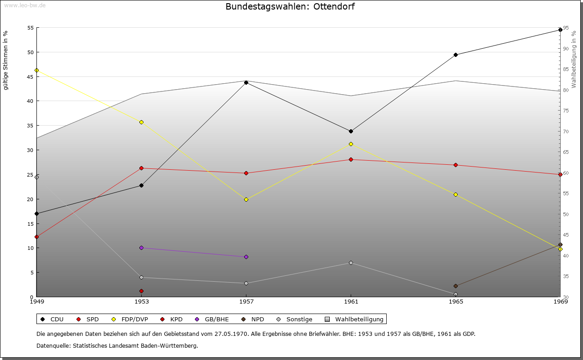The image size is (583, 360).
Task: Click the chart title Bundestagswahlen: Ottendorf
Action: coord(290,7)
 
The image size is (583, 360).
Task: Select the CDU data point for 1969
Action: coord(560,30)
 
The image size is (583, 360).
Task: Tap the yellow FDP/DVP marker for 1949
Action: coord(37,71)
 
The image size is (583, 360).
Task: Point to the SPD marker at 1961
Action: coord(351,160)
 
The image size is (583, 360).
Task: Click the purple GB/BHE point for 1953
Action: coord(141,248)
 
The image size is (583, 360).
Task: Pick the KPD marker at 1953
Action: coord(141,291)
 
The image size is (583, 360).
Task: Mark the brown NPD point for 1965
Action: coord(455,286)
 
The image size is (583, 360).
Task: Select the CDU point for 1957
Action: coord(246,83)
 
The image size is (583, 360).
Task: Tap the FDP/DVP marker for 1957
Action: coord(246,200)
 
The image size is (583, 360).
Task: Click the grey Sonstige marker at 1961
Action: coord(351,263)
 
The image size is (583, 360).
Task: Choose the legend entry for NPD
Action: coord(253,319)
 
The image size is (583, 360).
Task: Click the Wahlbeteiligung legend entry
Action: coord(355,319)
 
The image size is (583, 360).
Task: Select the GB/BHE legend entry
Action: coord(212,319)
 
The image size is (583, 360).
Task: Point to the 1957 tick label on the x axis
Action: coord(246,301)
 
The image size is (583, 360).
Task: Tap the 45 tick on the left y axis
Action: coord(31,76)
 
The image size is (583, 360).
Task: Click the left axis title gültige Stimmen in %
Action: coord(6,61)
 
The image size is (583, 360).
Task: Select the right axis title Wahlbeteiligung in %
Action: coord(574,59)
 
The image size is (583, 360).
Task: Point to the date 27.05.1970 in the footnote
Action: coord(231,334)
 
